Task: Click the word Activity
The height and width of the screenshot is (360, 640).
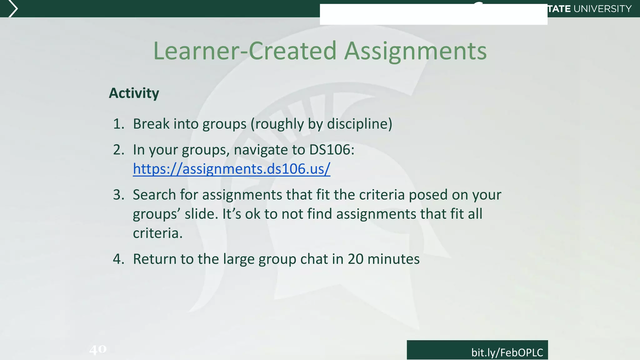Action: pos(134,93)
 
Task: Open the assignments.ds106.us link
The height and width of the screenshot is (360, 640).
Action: pos(231,169)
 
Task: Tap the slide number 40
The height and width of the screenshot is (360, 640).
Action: pos(98,349)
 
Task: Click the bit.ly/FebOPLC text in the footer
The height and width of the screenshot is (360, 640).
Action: pos(507,352)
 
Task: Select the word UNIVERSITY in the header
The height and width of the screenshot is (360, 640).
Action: pos(603,9)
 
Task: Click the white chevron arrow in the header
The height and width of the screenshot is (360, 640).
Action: pos(12,9)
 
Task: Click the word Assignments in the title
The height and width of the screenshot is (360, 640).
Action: pos(415,51)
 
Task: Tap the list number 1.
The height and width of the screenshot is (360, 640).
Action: pos(118,124)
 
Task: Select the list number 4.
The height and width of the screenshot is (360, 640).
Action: pos(118,259)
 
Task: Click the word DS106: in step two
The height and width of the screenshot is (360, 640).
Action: pos(332,150)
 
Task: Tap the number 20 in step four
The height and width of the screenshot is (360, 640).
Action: pos(355,259)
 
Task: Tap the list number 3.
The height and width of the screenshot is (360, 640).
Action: pos(118,195)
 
